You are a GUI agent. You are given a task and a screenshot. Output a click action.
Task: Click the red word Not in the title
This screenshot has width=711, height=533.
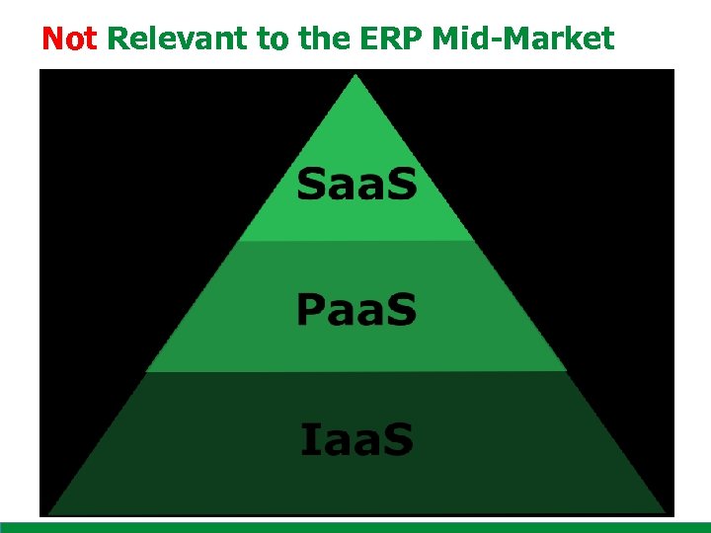68,38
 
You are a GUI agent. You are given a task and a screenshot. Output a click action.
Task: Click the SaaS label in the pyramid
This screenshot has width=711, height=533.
356,186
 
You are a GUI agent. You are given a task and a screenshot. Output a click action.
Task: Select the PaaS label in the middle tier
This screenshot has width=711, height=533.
356,309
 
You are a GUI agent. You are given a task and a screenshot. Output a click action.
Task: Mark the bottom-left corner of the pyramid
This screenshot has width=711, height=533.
48,511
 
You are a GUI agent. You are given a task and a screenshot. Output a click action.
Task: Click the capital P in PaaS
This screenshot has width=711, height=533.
311,309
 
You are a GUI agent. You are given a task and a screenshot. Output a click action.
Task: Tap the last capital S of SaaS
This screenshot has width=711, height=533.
401,186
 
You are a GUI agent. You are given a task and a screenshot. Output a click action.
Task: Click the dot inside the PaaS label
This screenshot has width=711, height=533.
380,322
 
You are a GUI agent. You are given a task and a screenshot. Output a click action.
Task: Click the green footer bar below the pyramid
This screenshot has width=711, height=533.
355,527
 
